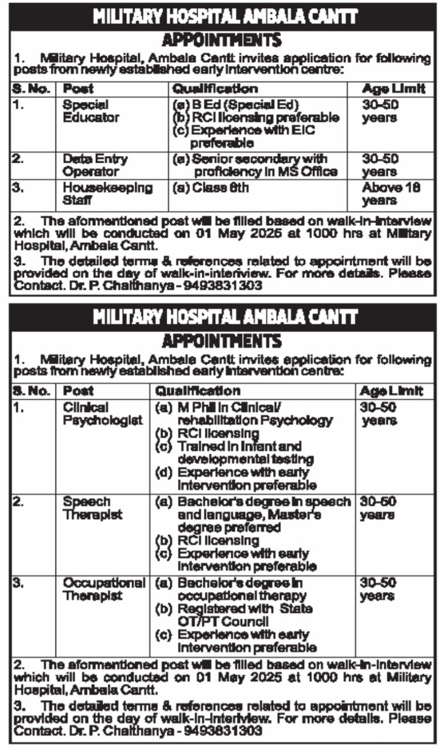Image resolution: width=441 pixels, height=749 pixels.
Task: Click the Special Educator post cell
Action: coord(91,111)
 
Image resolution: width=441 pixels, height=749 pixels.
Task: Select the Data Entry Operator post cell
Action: coord(95,165)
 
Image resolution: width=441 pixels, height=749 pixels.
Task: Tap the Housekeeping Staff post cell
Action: coord(107,194)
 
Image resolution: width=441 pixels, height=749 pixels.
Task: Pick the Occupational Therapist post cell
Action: coord(104,589)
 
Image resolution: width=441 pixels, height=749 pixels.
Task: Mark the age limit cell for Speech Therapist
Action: coord(378,509)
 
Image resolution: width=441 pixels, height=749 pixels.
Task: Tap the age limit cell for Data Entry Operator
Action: coord(380,165)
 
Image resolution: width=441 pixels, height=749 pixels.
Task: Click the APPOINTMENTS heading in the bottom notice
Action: coord(221,340)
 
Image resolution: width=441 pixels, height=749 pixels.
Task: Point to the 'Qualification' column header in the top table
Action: coord(214,89)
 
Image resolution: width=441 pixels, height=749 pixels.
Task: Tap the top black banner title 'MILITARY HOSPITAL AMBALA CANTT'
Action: coord(220,17)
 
